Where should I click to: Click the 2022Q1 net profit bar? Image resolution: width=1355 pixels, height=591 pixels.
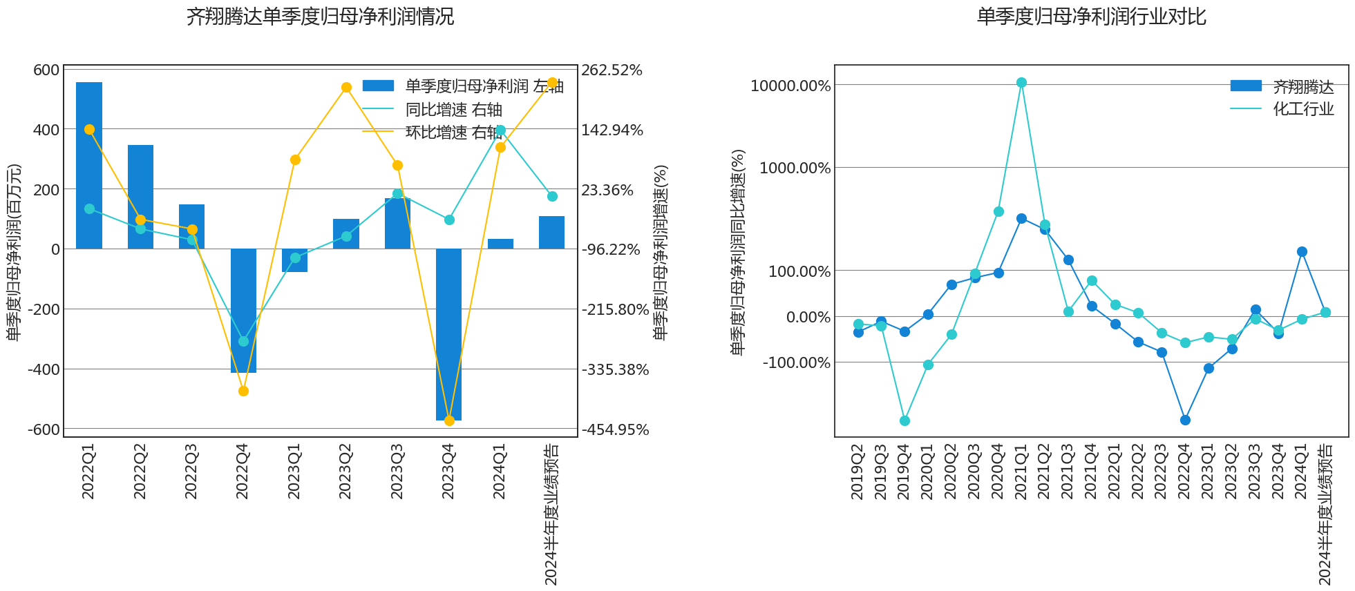pos(89,166)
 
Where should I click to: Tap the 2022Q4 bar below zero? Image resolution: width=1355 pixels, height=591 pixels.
pos(243,311)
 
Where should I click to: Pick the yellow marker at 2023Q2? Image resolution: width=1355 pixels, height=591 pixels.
pos(346,88)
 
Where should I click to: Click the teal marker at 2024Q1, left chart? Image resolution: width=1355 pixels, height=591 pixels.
pos(501,130)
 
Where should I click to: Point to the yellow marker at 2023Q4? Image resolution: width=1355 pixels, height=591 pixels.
pos(449,420)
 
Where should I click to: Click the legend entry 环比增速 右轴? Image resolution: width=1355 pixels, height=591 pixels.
pos(453,132)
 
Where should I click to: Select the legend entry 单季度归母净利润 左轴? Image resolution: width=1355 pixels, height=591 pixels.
pos(484,86)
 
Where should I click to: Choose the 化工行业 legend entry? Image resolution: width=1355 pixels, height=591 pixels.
pos(1302,109)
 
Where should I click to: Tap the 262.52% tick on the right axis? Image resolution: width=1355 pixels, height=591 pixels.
pos(612,70)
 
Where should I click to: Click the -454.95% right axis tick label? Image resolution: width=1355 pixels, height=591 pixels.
pos(615,429)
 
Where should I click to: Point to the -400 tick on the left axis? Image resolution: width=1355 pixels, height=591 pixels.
pos(44,369)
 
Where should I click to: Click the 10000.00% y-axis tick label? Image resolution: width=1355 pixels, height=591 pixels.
pos(790,86)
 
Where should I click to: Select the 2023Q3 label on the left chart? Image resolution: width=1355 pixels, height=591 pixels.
pos(397,472)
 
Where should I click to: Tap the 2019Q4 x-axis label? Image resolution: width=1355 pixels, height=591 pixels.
pos(904,472)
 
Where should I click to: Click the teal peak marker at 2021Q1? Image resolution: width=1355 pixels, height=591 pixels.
pos(1021,83)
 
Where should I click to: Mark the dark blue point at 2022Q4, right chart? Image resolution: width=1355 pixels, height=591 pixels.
pos(1185,420)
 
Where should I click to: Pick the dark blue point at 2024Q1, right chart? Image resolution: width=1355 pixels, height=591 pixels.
pos(1302,252)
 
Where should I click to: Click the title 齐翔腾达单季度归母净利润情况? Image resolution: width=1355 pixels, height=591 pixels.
pos(320,17)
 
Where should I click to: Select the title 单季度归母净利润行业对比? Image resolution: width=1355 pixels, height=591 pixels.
pos(1091,17)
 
